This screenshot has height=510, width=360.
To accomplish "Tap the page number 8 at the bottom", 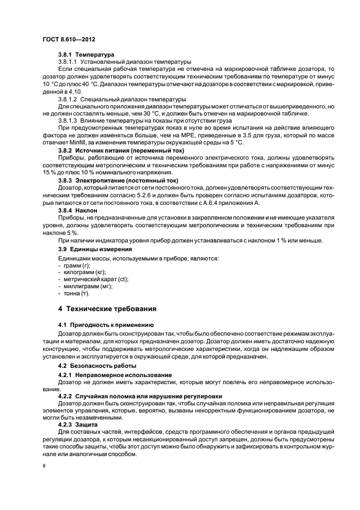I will [x=44, y=466].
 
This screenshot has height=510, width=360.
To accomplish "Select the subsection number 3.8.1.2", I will [x=69, y=99].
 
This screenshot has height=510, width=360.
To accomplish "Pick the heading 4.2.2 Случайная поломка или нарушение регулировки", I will [x=144, y=395].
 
